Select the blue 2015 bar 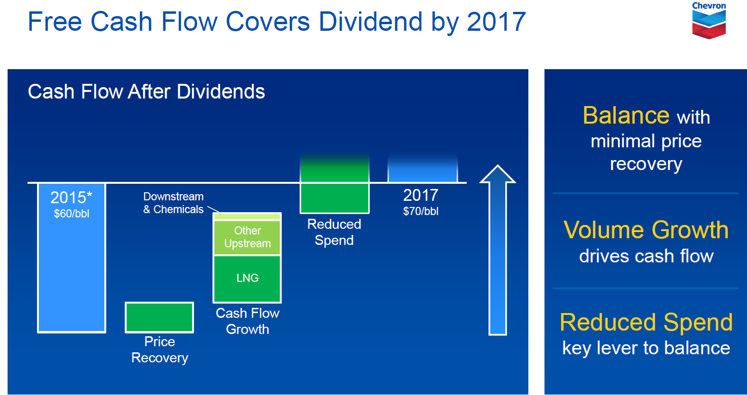click(72, 258)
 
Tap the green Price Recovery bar click(159, 317)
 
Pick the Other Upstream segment click(247, 237)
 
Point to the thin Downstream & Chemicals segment click(247, 216)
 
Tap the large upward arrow click(498, 250)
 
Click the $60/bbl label click(72, 214)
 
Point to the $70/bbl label click(421, 211)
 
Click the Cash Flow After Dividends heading click(146, 91)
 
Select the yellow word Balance click(626, 116)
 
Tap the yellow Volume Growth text click(646, 230)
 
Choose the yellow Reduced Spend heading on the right click(646, 323)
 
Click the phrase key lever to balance click(646, 348)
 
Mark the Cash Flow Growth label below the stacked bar click(248, 321)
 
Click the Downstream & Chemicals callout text click(174, 203)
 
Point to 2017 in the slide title click(496, 22)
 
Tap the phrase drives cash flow click(646, 256)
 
